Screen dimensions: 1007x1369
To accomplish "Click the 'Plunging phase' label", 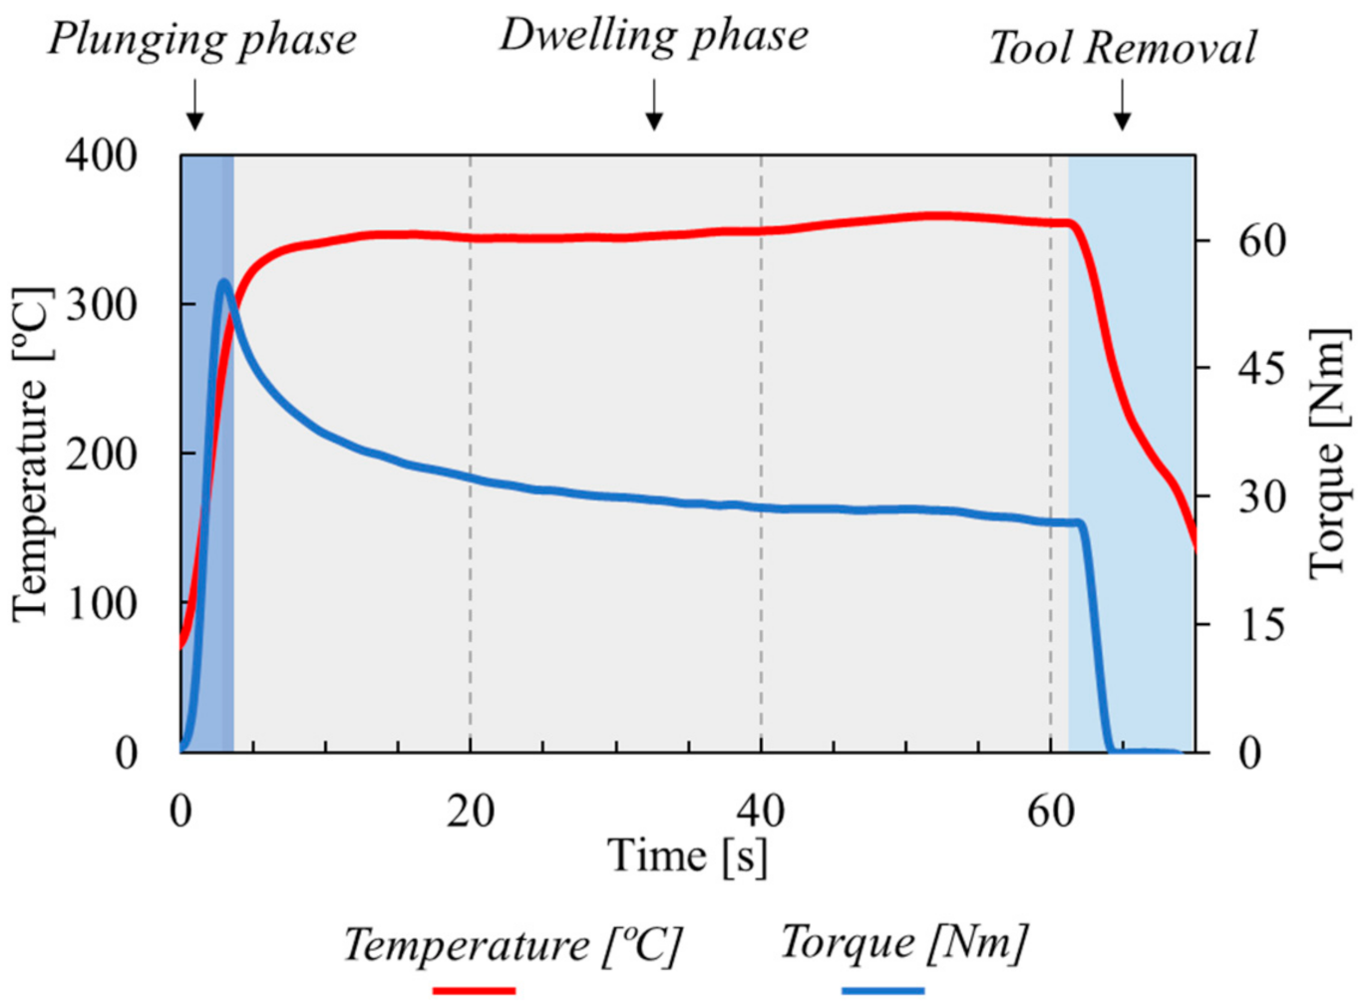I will coord(201,40).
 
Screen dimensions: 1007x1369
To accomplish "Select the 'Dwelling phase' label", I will coord(653,35).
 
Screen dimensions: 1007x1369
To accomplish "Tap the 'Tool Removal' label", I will coord(1122,48).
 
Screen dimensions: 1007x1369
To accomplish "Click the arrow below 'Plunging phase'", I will coord(195,106).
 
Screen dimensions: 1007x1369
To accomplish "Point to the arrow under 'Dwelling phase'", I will coord(654,106).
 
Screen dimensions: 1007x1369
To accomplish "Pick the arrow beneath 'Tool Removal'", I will coord(1122,106).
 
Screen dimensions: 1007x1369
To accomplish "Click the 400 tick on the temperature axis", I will coord(101,155).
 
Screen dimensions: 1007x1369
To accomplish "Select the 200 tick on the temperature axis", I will coord(101,454).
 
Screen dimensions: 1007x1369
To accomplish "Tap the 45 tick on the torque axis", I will coord(1260,369).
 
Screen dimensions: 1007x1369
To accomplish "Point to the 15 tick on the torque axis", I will coord(1260,625).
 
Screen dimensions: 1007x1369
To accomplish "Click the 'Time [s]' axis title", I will coord(687,855).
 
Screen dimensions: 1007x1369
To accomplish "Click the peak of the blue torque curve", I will coord(223,283).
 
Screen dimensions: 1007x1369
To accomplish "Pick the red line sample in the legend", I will coord(474,990).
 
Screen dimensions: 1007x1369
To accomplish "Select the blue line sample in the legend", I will coord(882,990).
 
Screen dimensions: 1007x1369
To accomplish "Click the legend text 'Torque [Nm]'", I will coord(902,942).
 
